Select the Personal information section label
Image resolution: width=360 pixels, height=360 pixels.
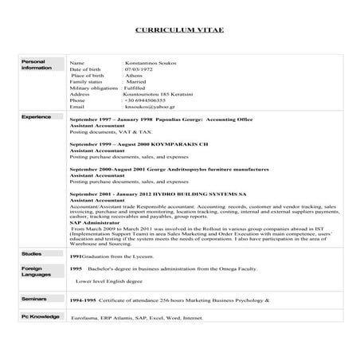click(x=36, y=65)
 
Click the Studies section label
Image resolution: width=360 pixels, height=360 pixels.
click(x=33, y=253)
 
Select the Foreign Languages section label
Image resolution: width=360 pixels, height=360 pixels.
click(x=35, y=272)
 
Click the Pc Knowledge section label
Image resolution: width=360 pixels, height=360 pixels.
click(x=40, y=316)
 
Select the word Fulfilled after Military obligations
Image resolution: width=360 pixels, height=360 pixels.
click(x=140, y=88)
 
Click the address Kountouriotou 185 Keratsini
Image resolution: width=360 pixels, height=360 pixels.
click(x=160, y=94)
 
